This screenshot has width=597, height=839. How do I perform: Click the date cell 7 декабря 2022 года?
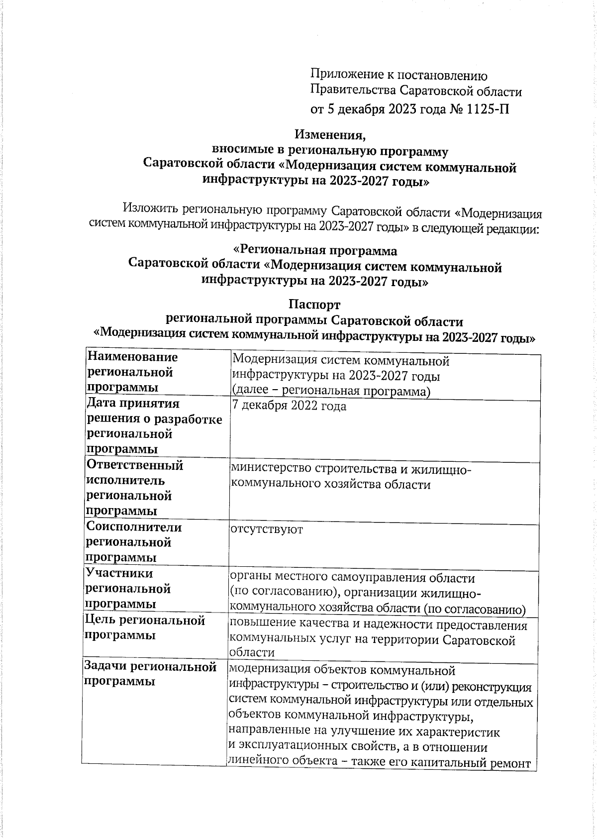pyautogui.click(x=290, y=406)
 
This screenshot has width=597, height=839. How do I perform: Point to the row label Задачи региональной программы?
pyautogui.click(x=151, y=674)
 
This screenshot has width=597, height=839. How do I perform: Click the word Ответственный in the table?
pyautogui.click(x=135, y=465)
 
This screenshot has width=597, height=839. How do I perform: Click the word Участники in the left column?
pyautogui.click(x=119, y=573)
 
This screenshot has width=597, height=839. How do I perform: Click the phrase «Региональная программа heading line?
pyautogui.click(x=315, y=251)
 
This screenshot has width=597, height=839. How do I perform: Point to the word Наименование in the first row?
pyautogui.click(x=132, y=357)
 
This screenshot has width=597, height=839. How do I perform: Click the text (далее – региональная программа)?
pyautogui.click(x=331, y=391)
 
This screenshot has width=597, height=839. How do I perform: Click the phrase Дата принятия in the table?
pyautogui.click(x=132, y=403)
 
